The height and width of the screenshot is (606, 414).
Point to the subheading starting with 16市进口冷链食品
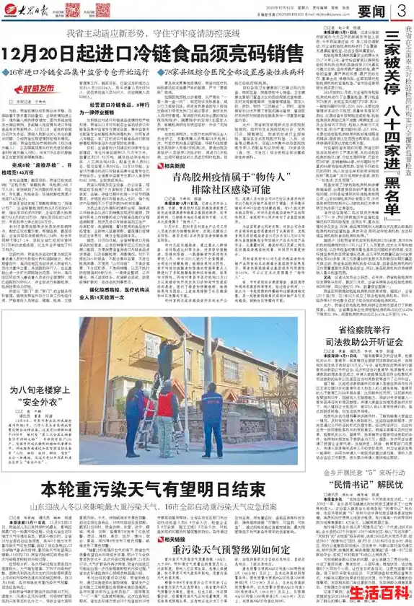pyautogui.click(x=79, y=73)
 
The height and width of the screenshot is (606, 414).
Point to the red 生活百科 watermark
pyautogui.click(x=379, y=592)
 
